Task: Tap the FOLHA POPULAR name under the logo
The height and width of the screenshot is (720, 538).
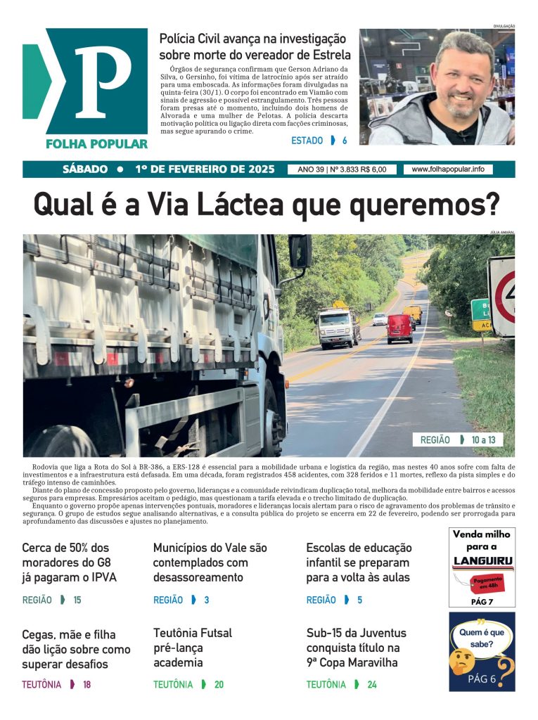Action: [96, 143]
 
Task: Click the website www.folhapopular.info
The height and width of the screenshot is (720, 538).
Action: [448, 169]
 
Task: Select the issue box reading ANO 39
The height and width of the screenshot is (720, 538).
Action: [342, 169]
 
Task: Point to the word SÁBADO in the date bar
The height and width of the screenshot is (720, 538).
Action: [85, 169]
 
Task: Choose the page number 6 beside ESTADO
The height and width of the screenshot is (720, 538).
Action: [345, 141]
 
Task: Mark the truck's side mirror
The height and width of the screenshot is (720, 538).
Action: [300, 251]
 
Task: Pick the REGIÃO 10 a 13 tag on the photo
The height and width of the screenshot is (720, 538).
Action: [457, 439]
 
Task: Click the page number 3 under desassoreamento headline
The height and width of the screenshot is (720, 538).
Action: [207, 600]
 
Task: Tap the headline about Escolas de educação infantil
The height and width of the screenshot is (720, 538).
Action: [359, 562]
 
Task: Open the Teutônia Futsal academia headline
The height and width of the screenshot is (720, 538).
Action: [193, 648]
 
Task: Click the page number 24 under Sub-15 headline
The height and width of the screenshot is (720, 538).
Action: [372, 684]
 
